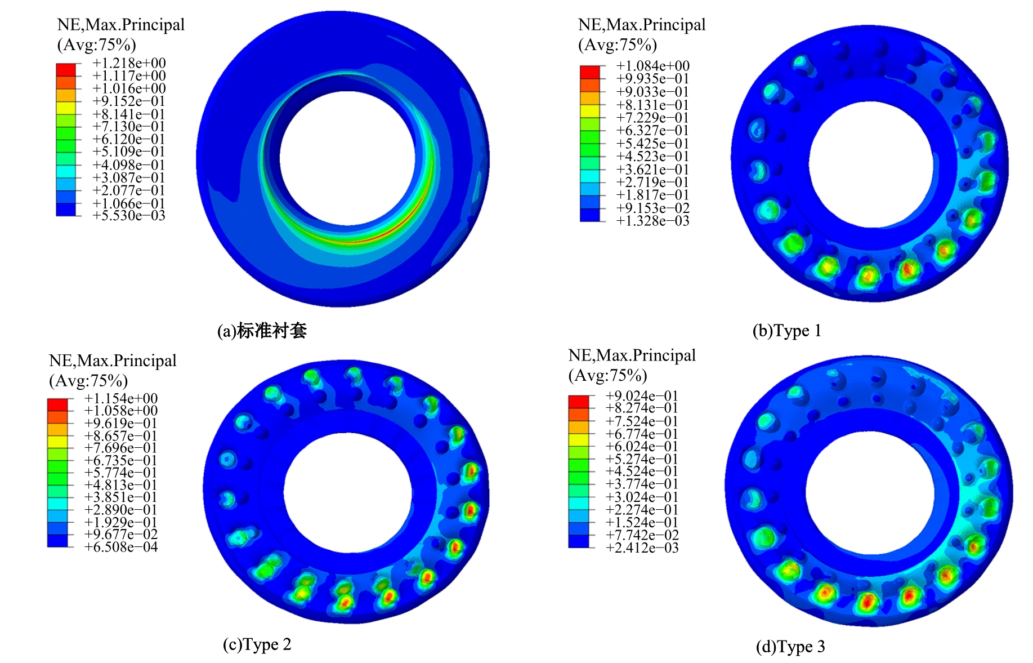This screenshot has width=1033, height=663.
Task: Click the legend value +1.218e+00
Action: coord(129,63)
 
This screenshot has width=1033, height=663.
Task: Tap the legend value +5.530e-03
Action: coord(129,216)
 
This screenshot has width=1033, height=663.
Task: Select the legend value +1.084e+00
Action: coord(652,66)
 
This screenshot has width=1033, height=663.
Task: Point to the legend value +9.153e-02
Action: coord(652,208)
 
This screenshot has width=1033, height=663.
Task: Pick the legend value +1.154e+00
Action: coord(121,399)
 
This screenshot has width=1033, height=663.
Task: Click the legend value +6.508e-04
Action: coord(121,547)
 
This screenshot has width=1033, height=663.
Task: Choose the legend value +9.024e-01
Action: coord(642,396)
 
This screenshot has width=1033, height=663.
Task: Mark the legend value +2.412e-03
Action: coord(642,548)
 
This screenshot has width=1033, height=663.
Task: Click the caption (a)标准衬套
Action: coord(262,331)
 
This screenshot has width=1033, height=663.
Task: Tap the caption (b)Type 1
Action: coord(787,331)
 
